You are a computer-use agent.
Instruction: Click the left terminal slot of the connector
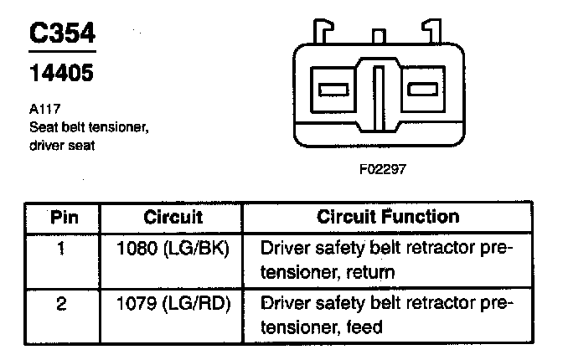[x=334, y=88]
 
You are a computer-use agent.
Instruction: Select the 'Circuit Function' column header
[x=389, y=217]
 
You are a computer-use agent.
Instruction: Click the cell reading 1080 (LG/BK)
[x=173, y=249]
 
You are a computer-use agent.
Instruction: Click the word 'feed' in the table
[x=361, y=326]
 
